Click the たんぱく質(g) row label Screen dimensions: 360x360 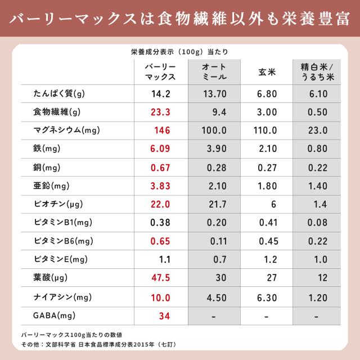click(x=59, y=93)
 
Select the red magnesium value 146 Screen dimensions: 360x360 click(x=162, y=130)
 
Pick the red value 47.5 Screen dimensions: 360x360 click(x=160, y=278)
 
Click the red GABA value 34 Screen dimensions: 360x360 click(x=164, y=315)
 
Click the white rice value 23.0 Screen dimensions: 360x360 click(x=318, y=130)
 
